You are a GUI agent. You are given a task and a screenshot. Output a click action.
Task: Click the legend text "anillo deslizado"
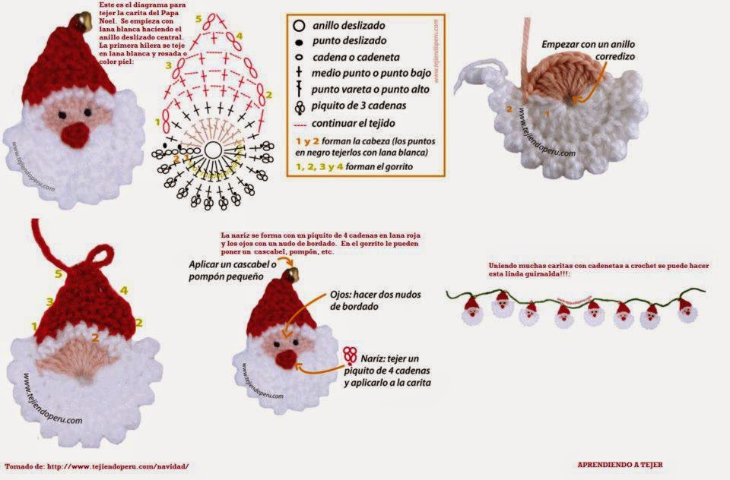click(x=349, y=25)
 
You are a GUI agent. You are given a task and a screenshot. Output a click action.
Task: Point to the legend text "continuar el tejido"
click(x=353, y=122)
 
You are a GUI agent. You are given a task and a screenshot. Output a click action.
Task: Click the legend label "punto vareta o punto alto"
click(x=371, y=90)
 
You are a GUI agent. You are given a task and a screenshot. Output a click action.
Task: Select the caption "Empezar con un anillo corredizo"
click(x=588, y=50)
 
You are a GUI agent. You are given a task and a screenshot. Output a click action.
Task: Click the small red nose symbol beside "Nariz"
click(x=350, y=355)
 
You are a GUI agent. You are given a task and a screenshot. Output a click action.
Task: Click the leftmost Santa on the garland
click(x=472, y=311)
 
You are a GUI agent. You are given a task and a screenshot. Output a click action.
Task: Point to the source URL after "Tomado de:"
click(x=118, y=465)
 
